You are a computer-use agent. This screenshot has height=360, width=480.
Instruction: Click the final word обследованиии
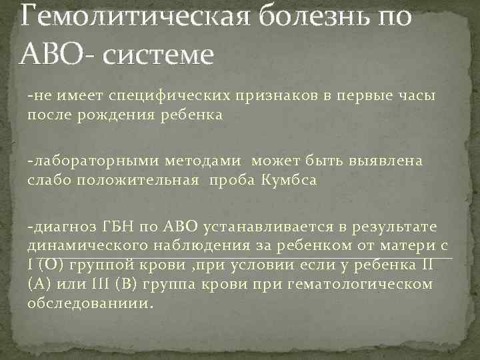[x=89, y=303]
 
